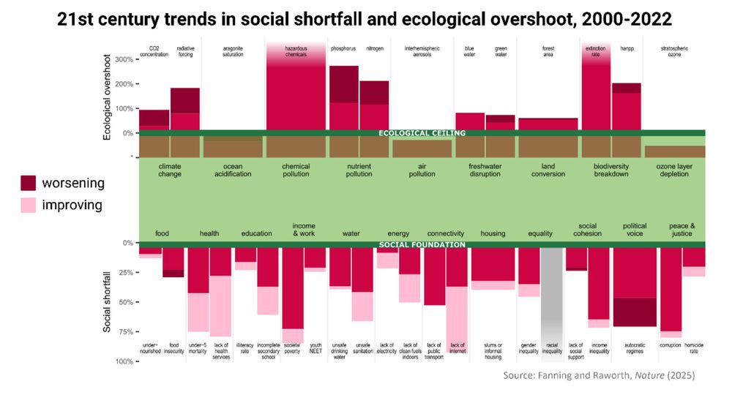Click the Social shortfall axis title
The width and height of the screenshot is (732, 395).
click(x=108, y=301)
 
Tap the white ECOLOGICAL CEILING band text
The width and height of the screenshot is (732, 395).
click(x=422, y=133)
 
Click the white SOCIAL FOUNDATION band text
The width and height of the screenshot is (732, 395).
click(x=422, y=244)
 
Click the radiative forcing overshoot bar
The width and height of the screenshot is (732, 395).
click(x=185, y=110)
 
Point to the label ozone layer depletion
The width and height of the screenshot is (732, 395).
click(x=675, y=170)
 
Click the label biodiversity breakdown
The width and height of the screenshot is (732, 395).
click(x=611, y=170)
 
